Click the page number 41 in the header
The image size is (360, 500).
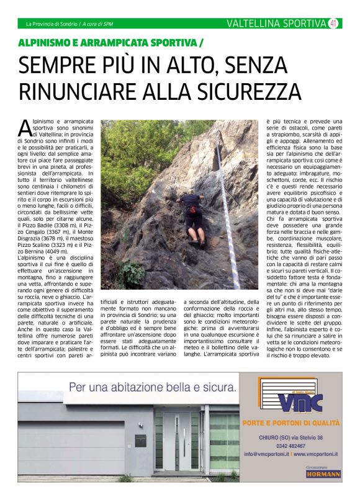[333, 24]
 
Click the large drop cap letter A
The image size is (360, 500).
[25, 127]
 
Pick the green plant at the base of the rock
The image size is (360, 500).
[133, 273]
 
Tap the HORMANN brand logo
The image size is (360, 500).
[323, 474]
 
